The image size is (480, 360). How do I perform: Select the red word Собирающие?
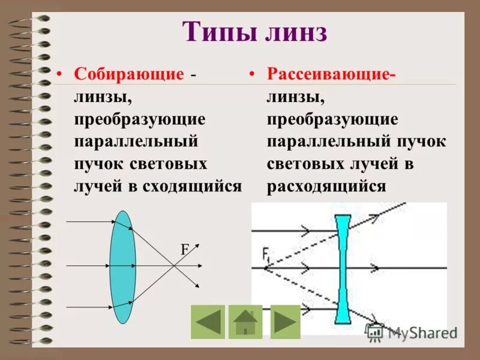[x=128, y=74]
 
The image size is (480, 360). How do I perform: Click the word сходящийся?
[x=192, y=185]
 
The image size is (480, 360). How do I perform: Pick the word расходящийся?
[x=326, y=185]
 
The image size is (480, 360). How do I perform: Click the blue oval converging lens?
[x=122, y=267]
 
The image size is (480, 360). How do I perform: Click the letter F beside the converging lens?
[x=185, y=251]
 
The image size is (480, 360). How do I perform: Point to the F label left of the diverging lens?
[x=265, y=253]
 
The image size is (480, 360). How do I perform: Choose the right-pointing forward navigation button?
[x=285, y=322]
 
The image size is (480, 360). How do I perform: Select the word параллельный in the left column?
[x=135, y=142]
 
